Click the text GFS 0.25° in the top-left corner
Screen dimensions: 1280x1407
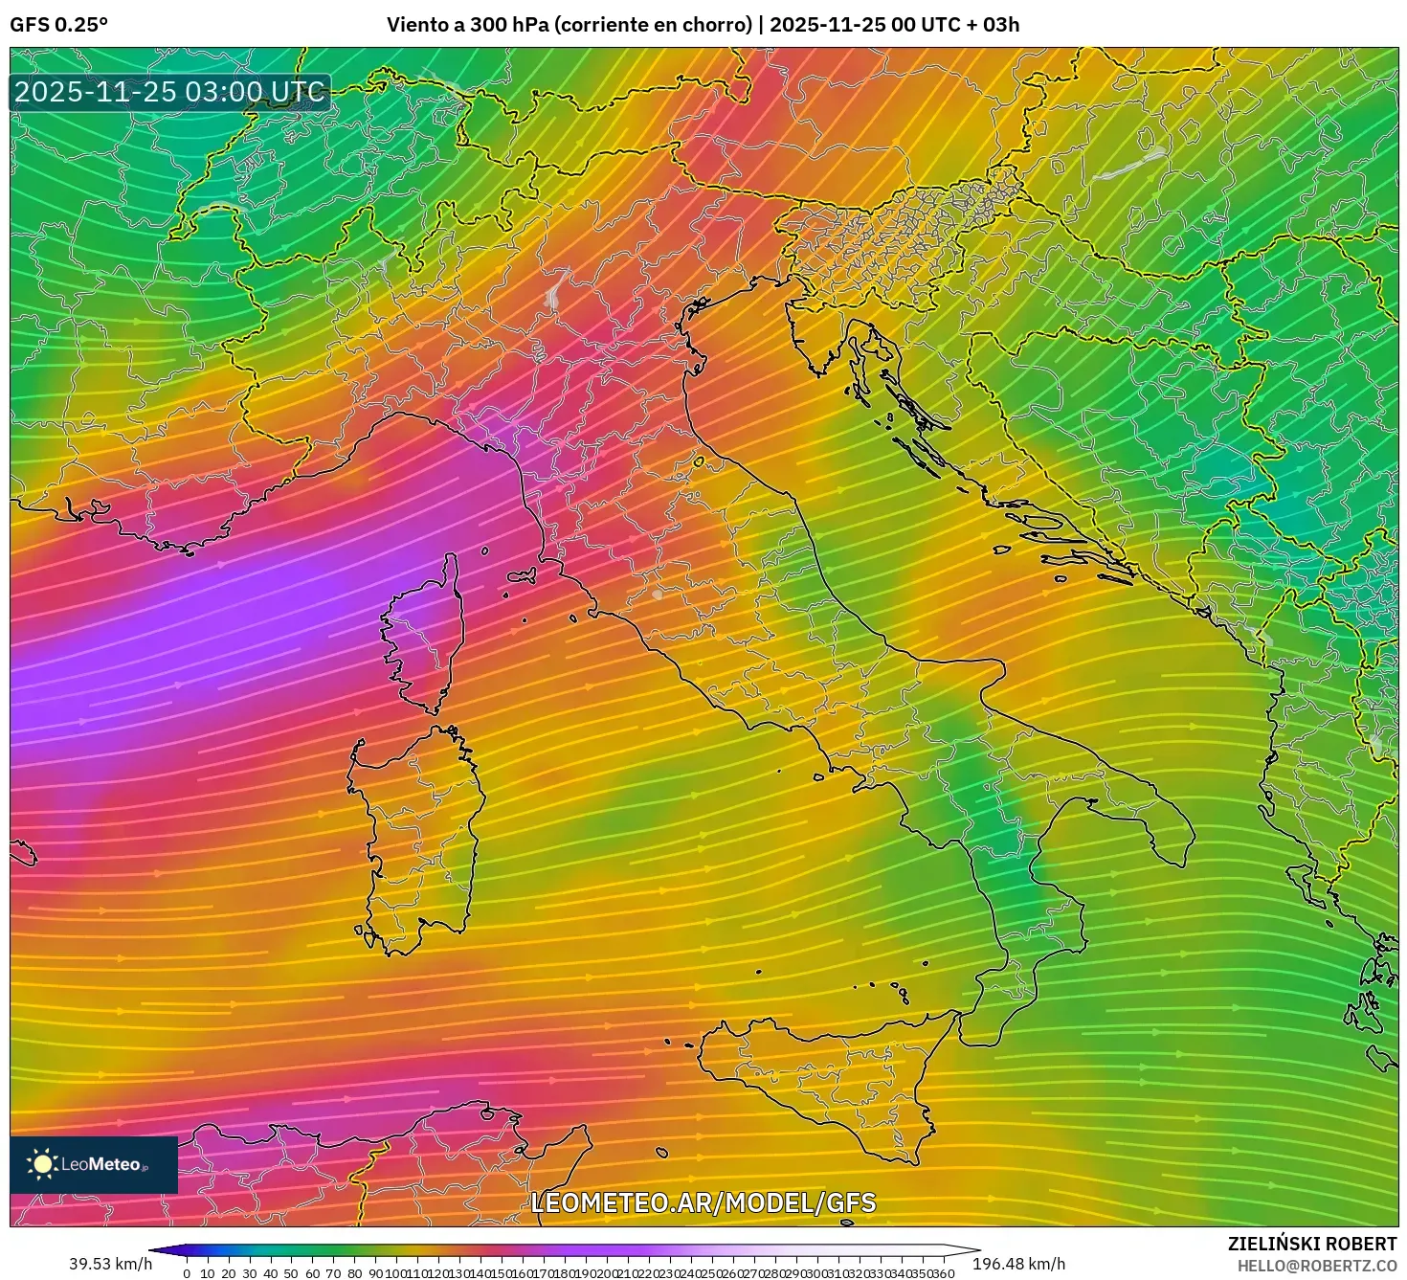click(58, 25)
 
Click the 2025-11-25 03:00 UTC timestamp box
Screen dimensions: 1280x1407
click(169, 92)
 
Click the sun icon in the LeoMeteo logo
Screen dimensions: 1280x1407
click(42, 1164)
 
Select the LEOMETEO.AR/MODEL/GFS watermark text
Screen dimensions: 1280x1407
click(703, 1202)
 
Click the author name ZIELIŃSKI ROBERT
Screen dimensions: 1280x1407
click(1312, 1244)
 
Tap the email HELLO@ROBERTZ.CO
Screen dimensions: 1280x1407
click(1317, 1266)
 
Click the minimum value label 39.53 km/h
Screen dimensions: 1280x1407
click(110, 1264)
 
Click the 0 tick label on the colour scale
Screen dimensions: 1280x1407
click(187, 1273)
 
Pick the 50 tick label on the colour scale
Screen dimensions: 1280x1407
click(291, 1273)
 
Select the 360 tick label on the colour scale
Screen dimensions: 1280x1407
click(943, 1273)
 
